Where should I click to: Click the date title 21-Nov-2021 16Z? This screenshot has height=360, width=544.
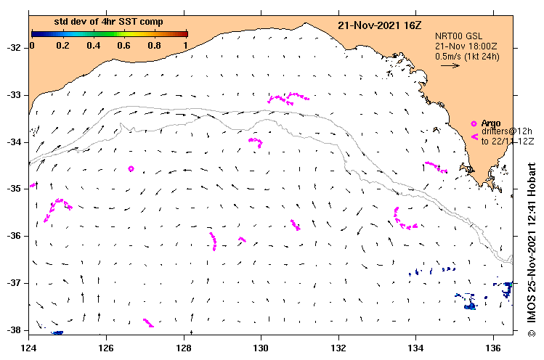(x=379, y=25)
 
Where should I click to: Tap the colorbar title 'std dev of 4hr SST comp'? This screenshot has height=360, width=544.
(x=109, y=23)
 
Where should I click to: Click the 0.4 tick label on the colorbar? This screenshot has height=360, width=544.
(x=94, y=46)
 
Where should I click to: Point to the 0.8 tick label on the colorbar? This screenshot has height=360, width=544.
(x=155, y=46)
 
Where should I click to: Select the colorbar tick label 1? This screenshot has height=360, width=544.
(x=186, y=46)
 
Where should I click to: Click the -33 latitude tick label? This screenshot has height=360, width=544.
(x=14, y=95)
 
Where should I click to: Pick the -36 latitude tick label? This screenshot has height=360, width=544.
(x=14, y=236)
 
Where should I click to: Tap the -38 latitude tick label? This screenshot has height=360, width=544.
(x=14, y=330)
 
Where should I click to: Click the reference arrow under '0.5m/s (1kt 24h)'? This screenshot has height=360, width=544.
(x=450, y=65)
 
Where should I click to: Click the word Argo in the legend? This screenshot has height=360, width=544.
(x=491, y=123)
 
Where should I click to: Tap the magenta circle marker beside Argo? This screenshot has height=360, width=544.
(x=474, y=123)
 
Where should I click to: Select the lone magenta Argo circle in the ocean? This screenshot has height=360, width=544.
(x=131, y=169)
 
